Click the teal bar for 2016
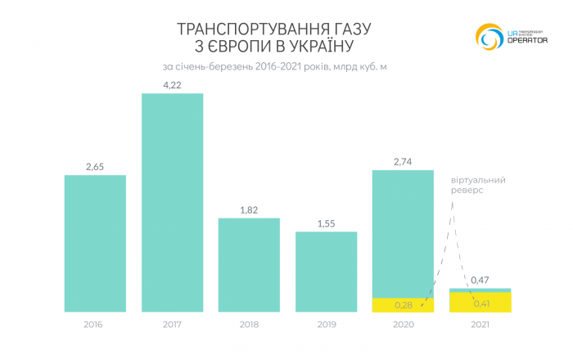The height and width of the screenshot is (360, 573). click(x=95, y=243)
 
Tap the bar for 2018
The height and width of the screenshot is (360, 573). click(x=249, y=264)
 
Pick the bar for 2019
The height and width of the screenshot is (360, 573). click(x=326, y=272)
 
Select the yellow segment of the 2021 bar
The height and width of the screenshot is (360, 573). click(x=481, y=302)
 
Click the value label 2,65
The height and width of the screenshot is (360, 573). click(x=95, y=166)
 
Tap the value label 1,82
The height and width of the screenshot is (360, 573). click(x=249, y=209)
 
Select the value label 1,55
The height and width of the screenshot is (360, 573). click(x=326, y=223)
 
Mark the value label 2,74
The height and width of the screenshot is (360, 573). click(x=403, y=161)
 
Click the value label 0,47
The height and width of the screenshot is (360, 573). click(x=481, y=280)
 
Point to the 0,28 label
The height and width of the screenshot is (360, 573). click(x=403, y=305)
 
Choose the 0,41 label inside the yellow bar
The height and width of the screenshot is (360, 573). click(x=481, y=304)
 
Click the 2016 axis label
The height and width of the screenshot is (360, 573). click(x=95, y=324)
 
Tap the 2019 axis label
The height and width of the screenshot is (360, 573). click(x=326, y=324)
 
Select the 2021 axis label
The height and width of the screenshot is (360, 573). click(x=481, y=324)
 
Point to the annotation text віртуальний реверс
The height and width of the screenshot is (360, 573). click(x=477, y=185)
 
